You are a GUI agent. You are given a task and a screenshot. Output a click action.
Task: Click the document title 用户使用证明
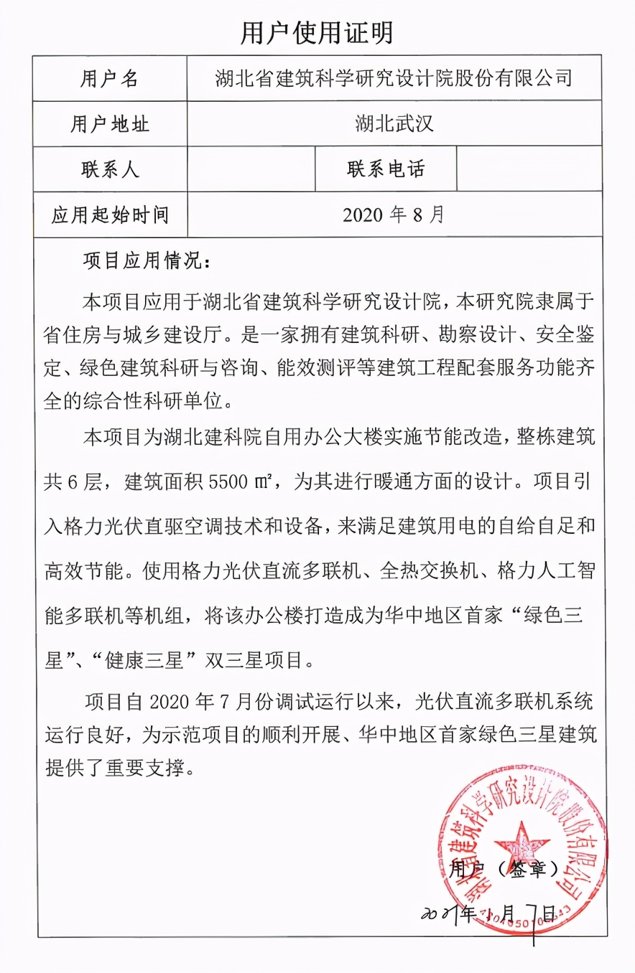pos(317,33)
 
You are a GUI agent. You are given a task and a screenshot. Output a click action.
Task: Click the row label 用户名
pos(109,79)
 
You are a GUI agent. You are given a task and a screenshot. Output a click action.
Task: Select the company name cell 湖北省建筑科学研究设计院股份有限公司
pos(394,77)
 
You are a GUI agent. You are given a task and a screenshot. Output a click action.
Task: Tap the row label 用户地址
pos(109,124)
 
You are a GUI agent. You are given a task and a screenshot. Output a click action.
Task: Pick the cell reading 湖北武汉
pos(394,124)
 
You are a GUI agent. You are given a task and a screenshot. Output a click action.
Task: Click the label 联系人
pos(109,169)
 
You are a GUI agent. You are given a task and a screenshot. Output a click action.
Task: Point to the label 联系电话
pos(386,169)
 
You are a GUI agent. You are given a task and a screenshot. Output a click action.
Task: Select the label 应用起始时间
pos(109,215)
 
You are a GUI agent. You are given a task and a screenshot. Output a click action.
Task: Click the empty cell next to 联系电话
pos(529,169)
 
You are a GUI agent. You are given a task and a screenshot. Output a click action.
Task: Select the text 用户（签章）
pos(504,870)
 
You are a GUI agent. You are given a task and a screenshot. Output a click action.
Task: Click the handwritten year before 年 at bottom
pos(439,913)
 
